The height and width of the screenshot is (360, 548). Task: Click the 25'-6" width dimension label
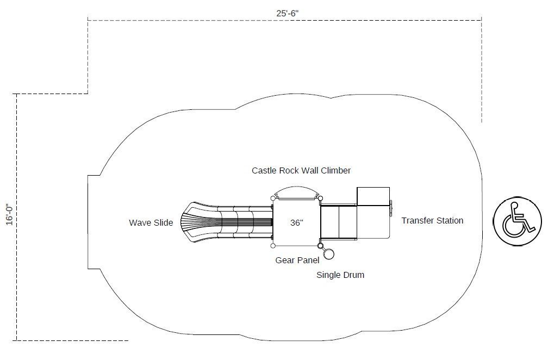pyautogui.click(x=287, y=13)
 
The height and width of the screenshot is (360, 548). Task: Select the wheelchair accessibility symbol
pyautogui.click(x=518, y=221)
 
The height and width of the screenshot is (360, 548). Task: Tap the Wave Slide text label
pyautogui.click(x=151, y=222)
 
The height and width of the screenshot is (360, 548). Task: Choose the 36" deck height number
pyautogui.click(x=297, y=222)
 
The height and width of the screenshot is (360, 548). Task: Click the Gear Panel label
pyautogui.click(x=297, y=260)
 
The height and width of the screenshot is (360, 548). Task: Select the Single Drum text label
pyautogui.click(x=340, y=275)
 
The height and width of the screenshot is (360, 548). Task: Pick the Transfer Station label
pyautogui.click(x=432, y=221)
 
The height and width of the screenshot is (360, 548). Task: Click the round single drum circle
pyautogui.click(x=328, y=253)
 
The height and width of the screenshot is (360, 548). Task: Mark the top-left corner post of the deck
pyautogui.click(x=273, y=198)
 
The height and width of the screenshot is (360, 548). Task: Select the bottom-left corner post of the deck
pyautogui.click(x=273, y=246)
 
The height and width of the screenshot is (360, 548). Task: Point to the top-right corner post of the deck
pyautogui.click(x=321, y=198)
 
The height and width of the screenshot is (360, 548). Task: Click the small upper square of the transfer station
pyautogui.click(x=373, y=196)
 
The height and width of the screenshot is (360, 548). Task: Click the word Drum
pyautogui.click(x=353, y=275)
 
